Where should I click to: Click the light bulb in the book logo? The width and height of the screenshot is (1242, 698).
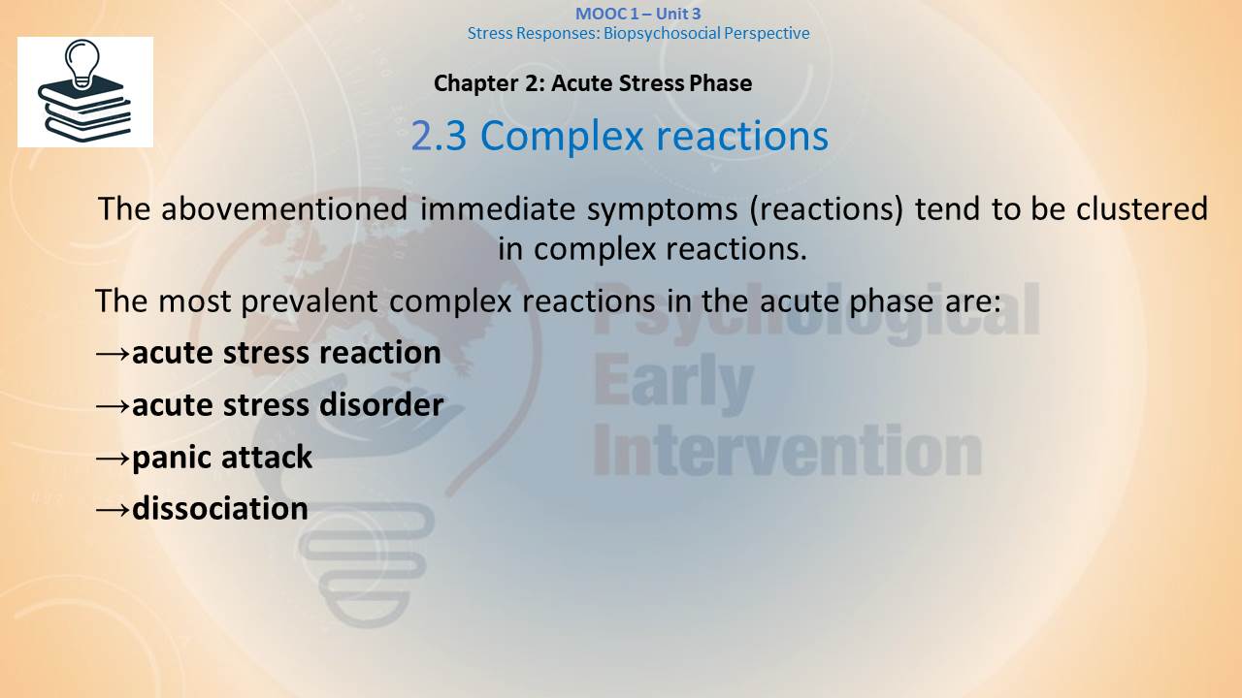click(82, 63)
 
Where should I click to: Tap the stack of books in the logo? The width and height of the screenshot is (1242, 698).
click(84, 112)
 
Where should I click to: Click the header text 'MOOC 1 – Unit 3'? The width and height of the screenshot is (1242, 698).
click(638, 14)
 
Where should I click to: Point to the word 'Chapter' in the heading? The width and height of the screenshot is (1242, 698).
click(475, 83)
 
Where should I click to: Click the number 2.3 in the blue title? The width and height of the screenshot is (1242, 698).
click(439, 136)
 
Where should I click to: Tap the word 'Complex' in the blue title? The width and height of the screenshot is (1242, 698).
click(561, 137)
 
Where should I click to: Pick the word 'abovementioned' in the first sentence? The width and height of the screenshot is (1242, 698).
click(284, 208)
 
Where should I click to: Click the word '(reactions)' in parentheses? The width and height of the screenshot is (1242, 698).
click(826, 210)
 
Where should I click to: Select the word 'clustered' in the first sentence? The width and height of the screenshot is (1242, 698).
click(1142, 208)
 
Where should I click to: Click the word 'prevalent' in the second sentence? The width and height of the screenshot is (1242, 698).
click(310, 301)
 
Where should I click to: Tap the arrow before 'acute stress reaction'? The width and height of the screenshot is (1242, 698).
click(114, 354)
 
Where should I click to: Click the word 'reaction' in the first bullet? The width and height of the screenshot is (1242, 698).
click(379, 353)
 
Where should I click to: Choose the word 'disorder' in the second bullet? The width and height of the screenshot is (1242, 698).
click(381, 404)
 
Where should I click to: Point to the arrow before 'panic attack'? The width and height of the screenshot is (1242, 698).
click(114, 459)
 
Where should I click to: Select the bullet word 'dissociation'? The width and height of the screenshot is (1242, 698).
click(220, 508)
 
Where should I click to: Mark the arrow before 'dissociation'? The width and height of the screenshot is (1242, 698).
click(114, 510)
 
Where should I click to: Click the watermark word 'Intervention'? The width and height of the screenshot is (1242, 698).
click(787, 451)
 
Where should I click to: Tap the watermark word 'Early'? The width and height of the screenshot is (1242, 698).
click(673, 383)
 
